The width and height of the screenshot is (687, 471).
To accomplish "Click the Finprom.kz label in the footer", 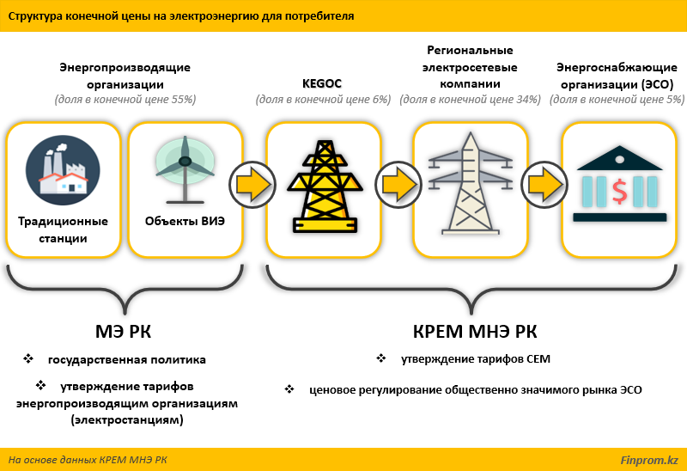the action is pos(649,460).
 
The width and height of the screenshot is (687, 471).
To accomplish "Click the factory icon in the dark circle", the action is pos(63,170).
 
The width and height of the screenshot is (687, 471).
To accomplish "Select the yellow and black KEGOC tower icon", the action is pos(325,187).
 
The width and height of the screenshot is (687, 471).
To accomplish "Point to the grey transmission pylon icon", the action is pos(470,183).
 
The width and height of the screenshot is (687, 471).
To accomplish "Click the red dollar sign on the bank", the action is pos(619,192).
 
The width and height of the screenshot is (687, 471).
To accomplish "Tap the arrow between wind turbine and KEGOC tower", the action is pos(252,185).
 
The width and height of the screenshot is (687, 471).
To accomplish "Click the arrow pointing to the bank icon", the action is pos(544,185).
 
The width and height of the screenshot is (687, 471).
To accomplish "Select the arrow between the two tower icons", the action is pos(398,185).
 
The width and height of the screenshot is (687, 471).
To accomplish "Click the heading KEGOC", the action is pos(322,83).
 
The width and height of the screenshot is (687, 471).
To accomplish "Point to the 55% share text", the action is pos(125,100).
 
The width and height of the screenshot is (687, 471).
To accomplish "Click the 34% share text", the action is pos(470,100).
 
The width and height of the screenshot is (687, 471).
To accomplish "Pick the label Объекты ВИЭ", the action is pos(185,221).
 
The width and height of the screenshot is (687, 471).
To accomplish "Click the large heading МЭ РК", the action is pos(123,332).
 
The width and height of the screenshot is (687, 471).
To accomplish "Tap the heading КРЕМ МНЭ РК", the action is pos(475,332).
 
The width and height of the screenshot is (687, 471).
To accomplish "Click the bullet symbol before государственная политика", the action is pos(28,358).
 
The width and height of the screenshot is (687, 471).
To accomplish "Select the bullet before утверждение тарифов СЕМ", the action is pos(381,358).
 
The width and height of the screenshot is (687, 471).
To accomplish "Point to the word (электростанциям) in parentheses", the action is pos(127,420).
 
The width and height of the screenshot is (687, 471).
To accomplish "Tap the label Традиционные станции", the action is pos(63,229).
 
